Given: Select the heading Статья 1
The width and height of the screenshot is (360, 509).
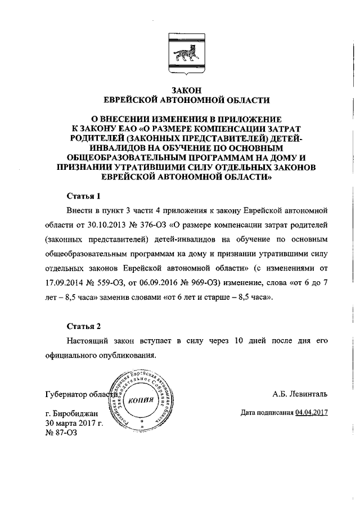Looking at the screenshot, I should point(83,196).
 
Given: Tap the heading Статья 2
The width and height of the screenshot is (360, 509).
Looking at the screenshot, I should point(83,326).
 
